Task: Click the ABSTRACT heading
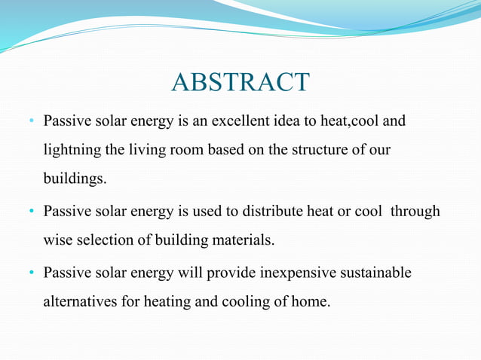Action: coord(240,82)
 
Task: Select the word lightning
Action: coord(72,150)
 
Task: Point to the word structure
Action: coord(302,150)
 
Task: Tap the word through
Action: coord(415,212)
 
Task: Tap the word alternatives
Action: coord(78,302)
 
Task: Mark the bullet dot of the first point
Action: coord(32,121)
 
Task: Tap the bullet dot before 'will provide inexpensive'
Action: coord(32,273)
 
